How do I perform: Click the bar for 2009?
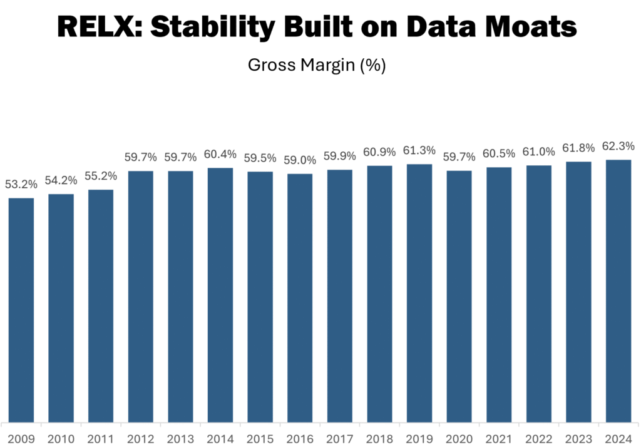coord(21,309)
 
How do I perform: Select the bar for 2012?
coord(141,296)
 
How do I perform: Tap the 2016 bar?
coord(300,297)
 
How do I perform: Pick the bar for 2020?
coord(459,296)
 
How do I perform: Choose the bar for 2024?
coord(618,290)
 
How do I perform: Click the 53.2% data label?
coord(21,185)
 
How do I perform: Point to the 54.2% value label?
coord(61,180)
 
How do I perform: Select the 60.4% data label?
coord(220,154)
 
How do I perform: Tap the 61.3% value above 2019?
coord(419,150)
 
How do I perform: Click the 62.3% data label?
coord(618,146)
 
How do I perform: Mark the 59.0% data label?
coord(300,160)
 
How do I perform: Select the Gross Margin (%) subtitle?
coord(316,65)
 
